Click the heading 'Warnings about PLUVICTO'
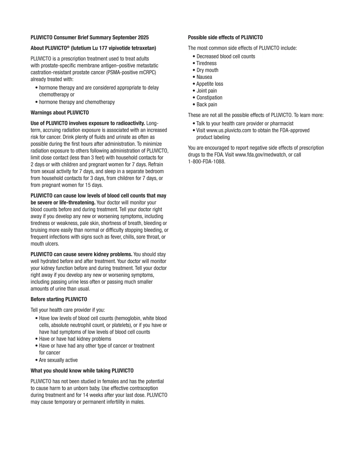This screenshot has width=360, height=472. [60, 113]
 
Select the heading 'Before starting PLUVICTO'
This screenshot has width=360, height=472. [59, 299]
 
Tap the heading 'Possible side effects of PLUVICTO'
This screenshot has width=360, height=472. [225, 37]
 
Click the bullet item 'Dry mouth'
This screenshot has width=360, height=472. [207, 70]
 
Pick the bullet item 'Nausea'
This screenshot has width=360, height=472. [204, 77]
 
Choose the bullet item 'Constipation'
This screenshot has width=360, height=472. [209, 98]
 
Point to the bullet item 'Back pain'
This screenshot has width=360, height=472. [207, 105]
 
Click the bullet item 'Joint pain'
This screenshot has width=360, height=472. [207, 91]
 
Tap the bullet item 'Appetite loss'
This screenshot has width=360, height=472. [210, 84]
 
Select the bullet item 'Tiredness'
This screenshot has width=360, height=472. [206, 63]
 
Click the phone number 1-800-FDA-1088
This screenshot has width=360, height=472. [206, 162]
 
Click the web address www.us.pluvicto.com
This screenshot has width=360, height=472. [229, 130]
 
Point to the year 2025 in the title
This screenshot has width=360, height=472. [143, 37]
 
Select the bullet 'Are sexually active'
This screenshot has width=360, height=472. [58, 360]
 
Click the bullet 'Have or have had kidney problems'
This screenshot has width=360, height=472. [75, 339]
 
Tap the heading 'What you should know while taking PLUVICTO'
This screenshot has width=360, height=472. [82, 371]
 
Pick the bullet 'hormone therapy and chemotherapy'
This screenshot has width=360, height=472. [77, 102]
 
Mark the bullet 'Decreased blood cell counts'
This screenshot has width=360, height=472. [226, 56]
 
